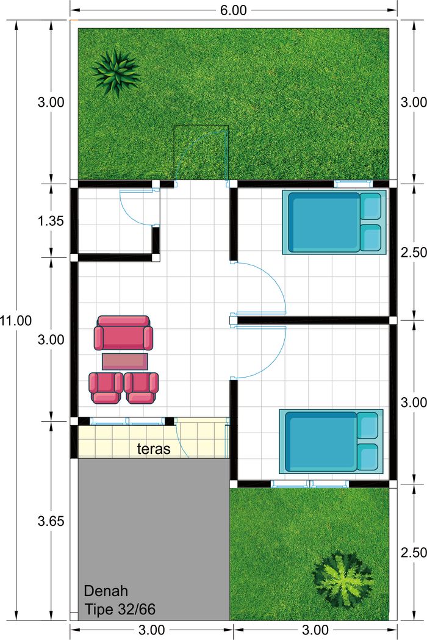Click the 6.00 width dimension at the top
(234, 10)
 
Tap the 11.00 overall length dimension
(15, 320)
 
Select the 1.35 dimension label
(51, 221)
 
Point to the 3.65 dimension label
(51, 521)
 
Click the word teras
(154, 449)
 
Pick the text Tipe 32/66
(120, 609)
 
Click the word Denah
(100, 591)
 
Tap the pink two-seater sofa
(123, 333)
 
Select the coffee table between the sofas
(125, 362)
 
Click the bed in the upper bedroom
(334, 223)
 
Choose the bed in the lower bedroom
(331, 441)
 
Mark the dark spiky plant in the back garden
(117, 73)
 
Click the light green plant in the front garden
(343, 579)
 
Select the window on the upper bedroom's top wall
(353, 184)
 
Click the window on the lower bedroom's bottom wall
(310, 484)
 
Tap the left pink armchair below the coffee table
(106, 388)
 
